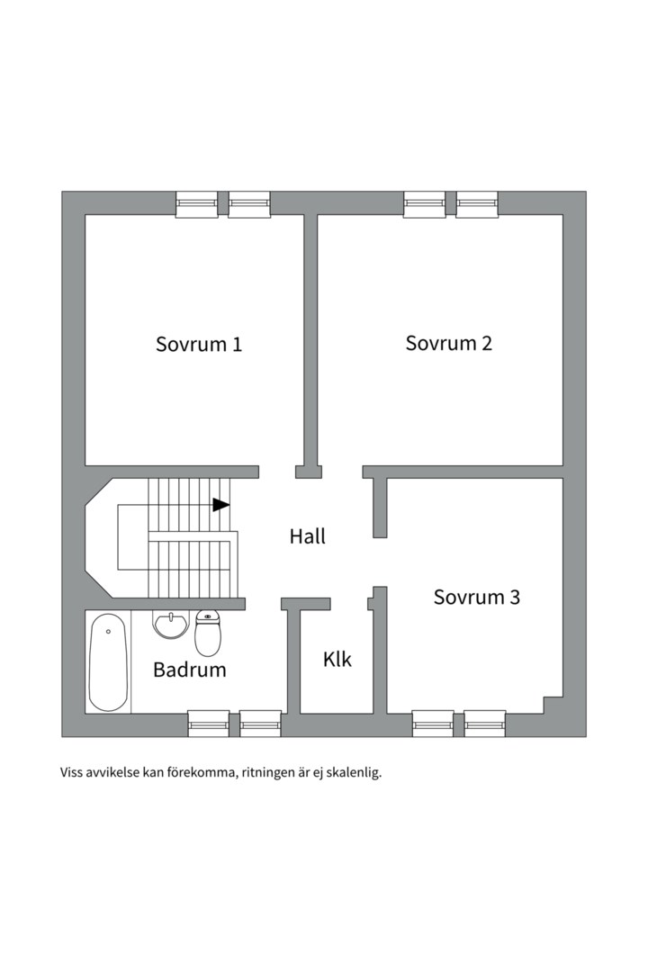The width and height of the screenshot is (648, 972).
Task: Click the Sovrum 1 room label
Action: click(x=199, y=344)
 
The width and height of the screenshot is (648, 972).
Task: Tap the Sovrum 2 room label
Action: click(x=448, y=343)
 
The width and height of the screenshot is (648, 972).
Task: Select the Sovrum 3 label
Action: click(x=476, y=597)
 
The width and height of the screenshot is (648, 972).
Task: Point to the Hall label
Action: click(x=307, y=536)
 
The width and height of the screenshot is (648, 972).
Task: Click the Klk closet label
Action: click(x=337, y=660)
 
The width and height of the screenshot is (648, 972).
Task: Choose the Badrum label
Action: click(x=189, y=670)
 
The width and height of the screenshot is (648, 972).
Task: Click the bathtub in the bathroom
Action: click(x=108, y=661)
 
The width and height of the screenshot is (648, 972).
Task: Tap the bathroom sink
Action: click(x=170, y=624)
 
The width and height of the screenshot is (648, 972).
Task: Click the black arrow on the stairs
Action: click(x=220, y=505)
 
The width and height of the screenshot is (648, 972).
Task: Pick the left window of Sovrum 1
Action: click(x=196, y=204)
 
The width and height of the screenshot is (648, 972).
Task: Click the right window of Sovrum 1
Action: click(x=249, y=204)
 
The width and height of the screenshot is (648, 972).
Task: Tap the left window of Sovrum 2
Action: click(x=424, y=204)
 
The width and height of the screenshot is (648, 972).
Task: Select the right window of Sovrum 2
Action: click(x=477, y=204)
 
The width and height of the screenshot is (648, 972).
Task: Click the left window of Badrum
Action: click(x=208, y=724)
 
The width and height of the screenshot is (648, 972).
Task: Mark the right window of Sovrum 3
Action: click(x=485, y=724)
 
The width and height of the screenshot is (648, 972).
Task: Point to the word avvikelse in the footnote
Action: click(x=113, y=772)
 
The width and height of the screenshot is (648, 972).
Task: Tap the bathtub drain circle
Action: click(x=108, y=632)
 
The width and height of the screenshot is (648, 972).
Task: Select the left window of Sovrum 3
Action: click(x=433, y=724)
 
